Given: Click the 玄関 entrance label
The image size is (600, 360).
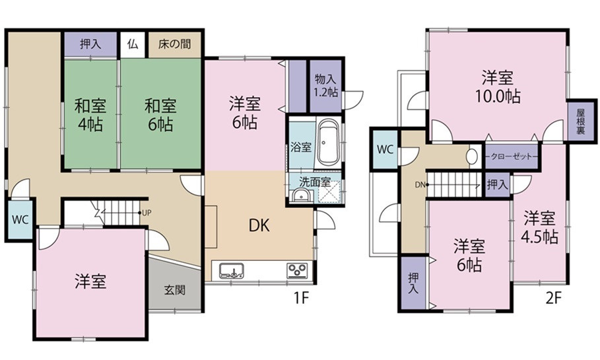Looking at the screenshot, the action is [x=175, y=290].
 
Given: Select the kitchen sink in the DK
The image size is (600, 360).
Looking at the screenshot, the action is [x=232, y=271].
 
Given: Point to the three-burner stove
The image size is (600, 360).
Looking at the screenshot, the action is [x=297, y=270].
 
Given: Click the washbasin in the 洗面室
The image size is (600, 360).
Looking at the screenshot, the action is [x=302, y=196].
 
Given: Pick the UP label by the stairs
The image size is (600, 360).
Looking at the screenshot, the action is [x=146, y=213].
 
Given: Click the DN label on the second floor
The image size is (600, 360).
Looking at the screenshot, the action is [x=420, y=185].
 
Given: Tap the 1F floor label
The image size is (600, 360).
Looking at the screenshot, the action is [x=301, y=297].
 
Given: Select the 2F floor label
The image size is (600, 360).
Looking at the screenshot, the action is [x=553, y=297].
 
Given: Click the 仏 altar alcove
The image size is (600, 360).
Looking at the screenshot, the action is [x=133, y=44].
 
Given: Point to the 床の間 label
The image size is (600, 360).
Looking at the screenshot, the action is [x=174, y=44].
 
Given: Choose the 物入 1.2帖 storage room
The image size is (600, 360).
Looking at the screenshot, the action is [x=325, y=86].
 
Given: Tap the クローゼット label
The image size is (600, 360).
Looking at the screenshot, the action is [x=512, y=157].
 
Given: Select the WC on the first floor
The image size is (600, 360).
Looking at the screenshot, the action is [x=20, y=220].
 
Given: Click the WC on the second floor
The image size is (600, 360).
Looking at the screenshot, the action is [x=385, y=149].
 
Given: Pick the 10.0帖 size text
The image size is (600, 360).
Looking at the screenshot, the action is [x=498, y=96].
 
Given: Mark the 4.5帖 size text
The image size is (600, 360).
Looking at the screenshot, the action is [x=539, y=237].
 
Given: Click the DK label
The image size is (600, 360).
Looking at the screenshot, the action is [x=259, y=225].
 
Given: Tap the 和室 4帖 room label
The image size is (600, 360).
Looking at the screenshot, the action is [x=90, y=114].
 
